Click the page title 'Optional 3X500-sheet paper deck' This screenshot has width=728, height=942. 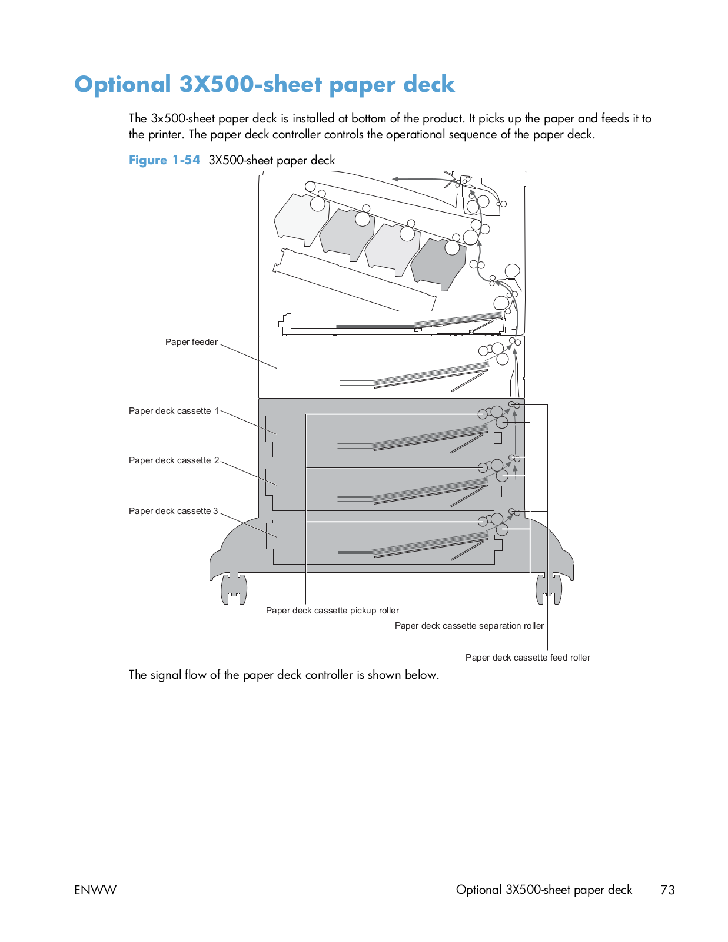point(264,85)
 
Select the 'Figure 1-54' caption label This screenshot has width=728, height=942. point(164,160)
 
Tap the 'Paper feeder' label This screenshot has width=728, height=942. point(191,342)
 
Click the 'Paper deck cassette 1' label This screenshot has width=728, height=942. point(174,411)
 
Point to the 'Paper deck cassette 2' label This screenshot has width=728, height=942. point(174,460)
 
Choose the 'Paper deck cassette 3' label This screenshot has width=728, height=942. point(174,511)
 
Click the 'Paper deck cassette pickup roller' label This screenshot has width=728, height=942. point(332,611)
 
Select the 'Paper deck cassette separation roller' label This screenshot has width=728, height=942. point(469,626)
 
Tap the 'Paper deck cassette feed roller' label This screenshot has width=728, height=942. point(527,658)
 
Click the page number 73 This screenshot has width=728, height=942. point(667,890)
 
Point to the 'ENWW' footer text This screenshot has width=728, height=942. point(95,890)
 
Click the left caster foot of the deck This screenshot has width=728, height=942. point(234,589)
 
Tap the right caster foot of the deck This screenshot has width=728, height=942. point(549,589)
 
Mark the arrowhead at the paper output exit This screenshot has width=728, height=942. point(396,178)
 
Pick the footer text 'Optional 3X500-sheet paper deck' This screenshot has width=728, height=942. point(544,890)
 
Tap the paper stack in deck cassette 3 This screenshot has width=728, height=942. point(412,545)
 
